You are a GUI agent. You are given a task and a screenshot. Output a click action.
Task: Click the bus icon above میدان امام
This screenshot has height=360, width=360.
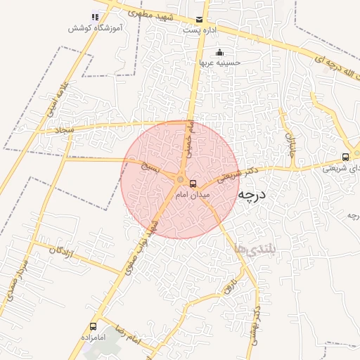point(193,184)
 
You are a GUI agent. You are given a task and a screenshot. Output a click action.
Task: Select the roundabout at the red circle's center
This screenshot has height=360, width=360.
point(180,179)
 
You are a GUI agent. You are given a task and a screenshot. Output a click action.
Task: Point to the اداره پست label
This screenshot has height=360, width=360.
point(200,30)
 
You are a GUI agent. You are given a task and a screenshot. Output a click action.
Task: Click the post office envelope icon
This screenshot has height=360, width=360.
point(200,20)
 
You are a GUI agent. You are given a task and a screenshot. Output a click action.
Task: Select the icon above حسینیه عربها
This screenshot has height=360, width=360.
point(220,51)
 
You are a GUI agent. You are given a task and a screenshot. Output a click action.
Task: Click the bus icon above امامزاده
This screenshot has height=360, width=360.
point(93,327)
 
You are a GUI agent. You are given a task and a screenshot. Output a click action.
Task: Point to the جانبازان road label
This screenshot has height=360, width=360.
point(290,143)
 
